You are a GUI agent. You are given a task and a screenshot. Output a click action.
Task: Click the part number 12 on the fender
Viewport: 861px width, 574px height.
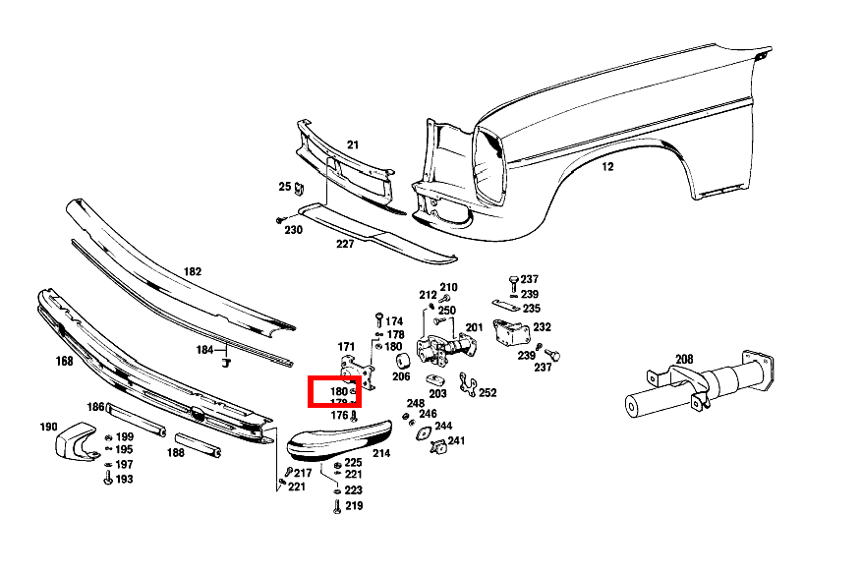(607, 167)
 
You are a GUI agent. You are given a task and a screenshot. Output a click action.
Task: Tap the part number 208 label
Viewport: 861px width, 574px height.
(683, 360)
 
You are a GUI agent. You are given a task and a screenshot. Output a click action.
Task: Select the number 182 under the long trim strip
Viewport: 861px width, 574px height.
(192, 270)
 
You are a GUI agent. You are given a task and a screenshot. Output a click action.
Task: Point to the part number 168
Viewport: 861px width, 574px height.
(64, 361)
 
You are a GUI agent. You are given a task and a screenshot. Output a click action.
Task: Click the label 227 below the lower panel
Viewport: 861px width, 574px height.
(345, 244)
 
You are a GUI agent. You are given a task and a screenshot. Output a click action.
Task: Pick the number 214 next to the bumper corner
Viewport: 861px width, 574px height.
(381, 453)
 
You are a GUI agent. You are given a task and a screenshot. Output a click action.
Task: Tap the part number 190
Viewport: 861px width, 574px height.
(48, 428)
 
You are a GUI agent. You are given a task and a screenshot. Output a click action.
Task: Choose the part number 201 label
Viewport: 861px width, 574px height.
(474, 327)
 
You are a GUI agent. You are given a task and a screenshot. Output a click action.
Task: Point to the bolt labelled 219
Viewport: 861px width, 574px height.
(338, 506)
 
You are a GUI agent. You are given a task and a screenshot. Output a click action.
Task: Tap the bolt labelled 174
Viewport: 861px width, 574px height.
(378, 319)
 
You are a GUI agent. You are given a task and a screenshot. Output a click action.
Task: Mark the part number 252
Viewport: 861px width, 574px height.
(488, 392)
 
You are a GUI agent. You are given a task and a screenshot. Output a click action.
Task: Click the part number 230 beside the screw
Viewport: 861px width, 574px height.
(293, 230)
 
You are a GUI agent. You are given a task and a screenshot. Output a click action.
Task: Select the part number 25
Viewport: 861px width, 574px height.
(285, 186)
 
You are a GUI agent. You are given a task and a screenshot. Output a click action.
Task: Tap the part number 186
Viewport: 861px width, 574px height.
(95, 407)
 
